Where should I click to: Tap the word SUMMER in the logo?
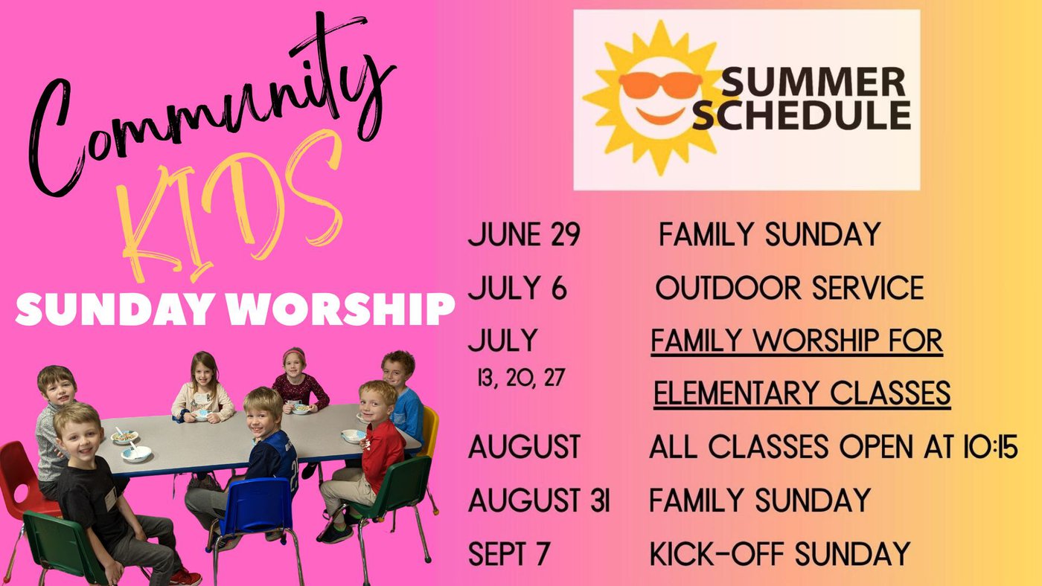[x=813, y=83]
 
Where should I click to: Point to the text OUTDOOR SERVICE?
[x=790, y=288]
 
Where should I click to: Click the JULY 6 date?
[x=517, y=288]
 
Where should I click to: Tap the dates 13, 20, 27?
[x=521, y=377]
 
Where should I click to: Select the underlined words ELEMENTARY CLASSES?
[x=802, y=393]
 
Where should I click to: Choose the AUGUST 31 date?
[x=539, y=500]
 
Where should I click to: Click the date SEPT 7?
[x=509, y=553]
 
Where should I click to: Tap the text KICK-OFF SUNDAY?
[x=780, y=553]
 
